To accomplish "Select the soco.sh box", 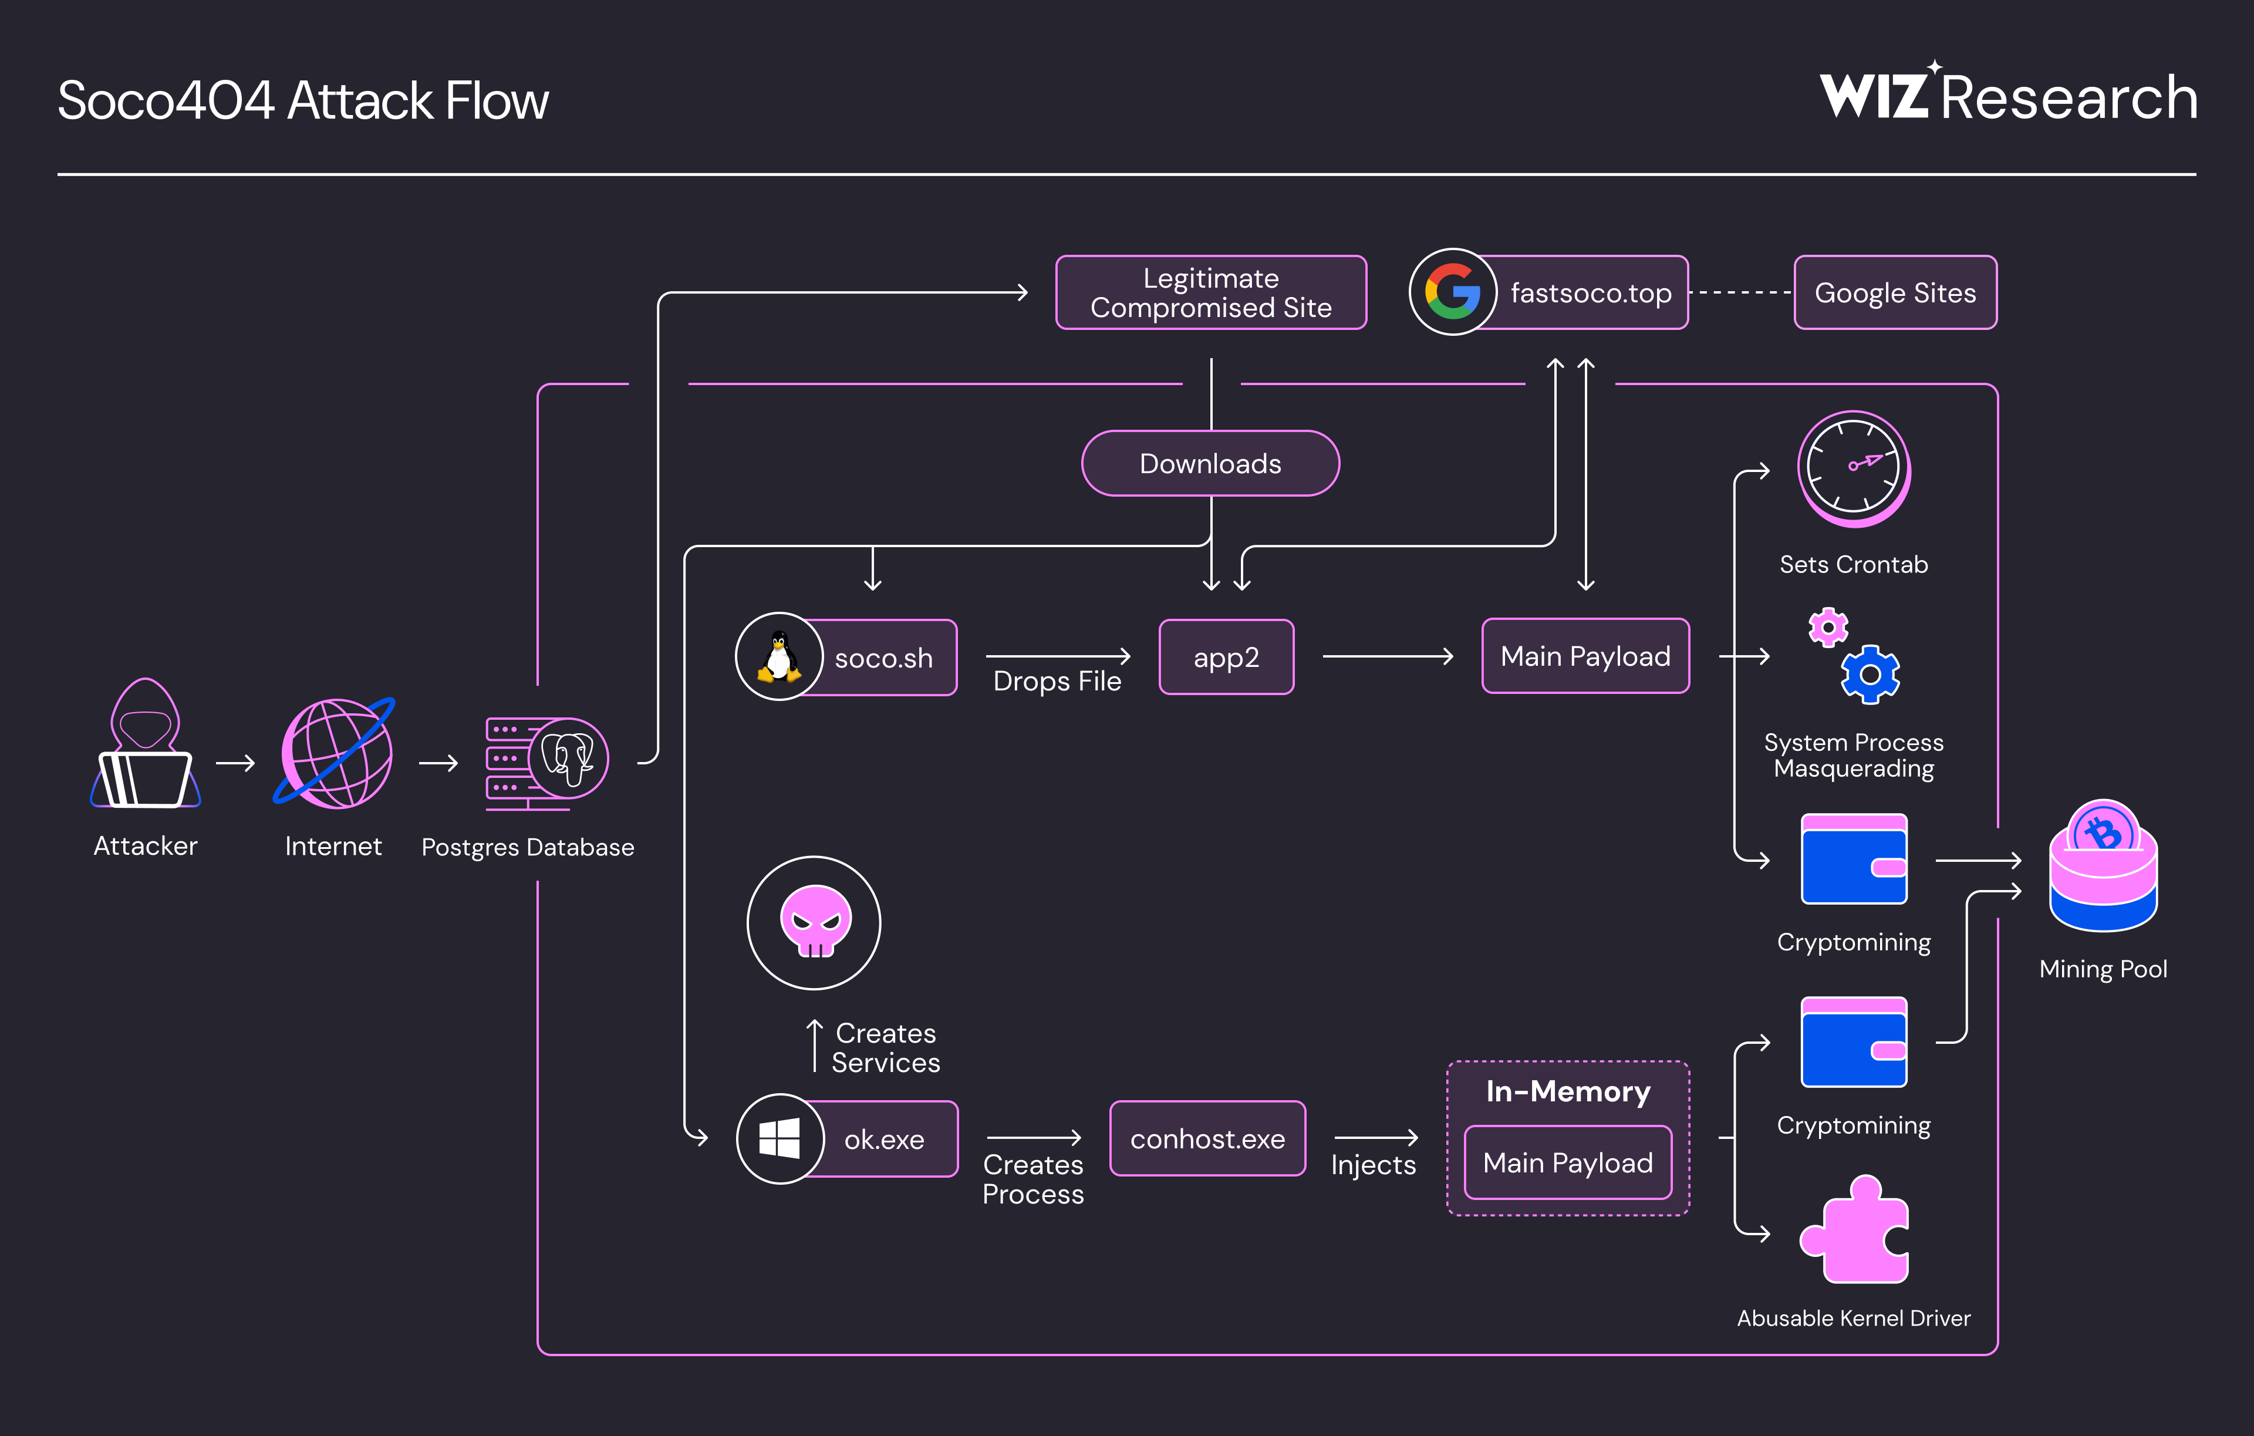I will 883,658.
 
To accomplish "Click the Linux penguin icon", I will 779,656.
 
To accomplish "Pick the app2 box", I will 1226,657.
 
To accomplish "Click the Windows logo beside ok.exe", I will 780,1138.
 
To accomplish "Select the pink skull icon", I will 814,922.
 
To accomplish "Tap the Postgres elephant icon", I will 568,759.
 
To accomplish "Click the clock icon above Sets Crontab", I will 1853,467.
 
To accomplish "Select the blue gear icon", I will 1870,674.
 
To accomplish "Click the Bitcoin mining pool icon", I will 2103,866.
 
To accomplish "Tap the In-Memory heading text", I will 1568,1091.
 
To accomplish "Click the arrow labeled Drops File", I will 1058,657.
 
